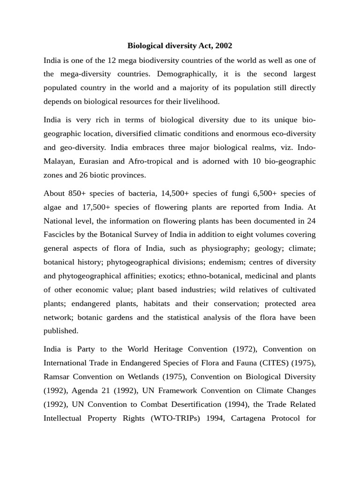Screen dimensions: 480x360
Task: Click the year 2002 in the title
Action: pyautogui.click(x=223, y=46)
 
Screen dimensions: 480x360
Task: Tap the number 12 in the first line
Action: pyautogui.click(x=118, y=60)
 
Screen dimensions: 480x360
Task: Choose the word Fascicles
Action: pyautogui.click(x=61, y=234)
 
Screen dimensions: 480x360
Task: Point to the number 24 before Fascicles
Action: pyautogui.click(x=311, y=221)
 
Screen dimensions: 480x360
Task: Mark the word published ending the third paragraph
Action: pyautogui.click(x=61, y=330)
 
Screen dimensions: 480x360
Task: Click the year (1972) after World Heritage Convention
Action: pyautogui.click(x=244, y=349)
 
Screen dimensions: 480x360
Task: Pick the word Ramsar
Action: pyautogui.click(x=57, y=376)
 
